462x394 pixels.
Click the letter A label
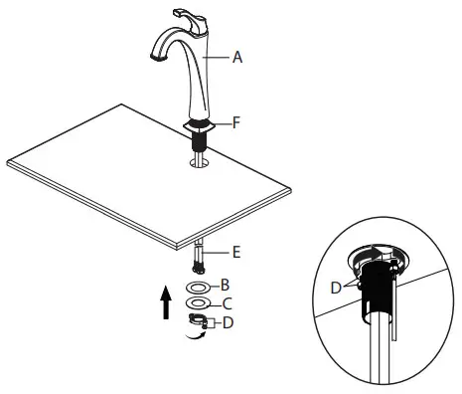point(237,58)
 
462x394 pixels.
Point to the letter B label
point(227,285)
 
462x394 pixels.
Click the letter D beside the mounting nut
point(229,321)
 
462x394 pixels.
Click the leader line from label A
point(220,58)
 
